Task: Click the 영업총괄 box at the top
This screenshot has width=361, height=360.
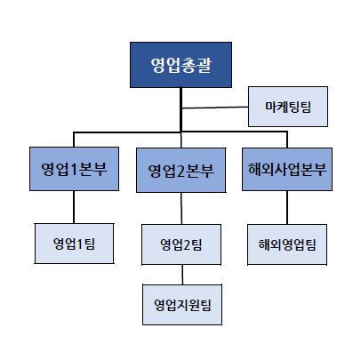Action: (180, 65)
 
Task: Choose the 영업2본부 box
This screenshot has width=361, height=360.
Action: (180, 169)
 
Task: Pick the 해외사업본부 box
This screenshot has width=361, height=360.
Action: (286, 168)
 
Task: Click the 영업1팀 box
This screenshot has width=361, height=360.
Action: (75, 243)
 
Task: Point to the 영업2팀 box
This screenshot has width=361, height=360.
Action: (180, 244)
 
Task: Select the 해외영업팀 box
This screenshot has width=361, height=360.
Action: (286, 243)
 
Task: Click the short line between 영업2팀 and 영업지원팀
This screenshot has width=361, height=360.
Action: (181, 275)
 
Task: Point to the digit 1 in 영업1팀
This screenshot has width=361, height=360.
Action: (84, 243)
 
